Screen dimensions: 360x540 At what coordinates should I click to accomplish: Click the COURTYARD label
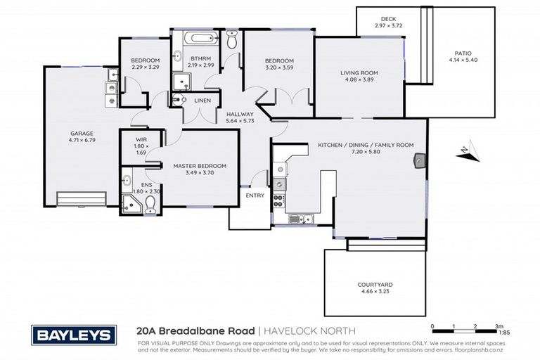click(x=375, y=284)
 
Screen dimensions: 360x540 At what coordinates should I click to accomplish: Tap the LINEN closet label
click(x=202, y=101)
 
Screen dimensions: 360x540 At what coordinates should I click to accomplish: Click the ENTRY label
click(x=255, y=195)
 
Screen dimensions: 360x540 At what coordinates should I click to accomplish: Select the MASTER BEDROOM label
click(x=200, y=166)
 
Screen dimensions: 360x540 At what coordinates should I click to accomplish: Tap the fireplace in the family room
click(x=420, y=161)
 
